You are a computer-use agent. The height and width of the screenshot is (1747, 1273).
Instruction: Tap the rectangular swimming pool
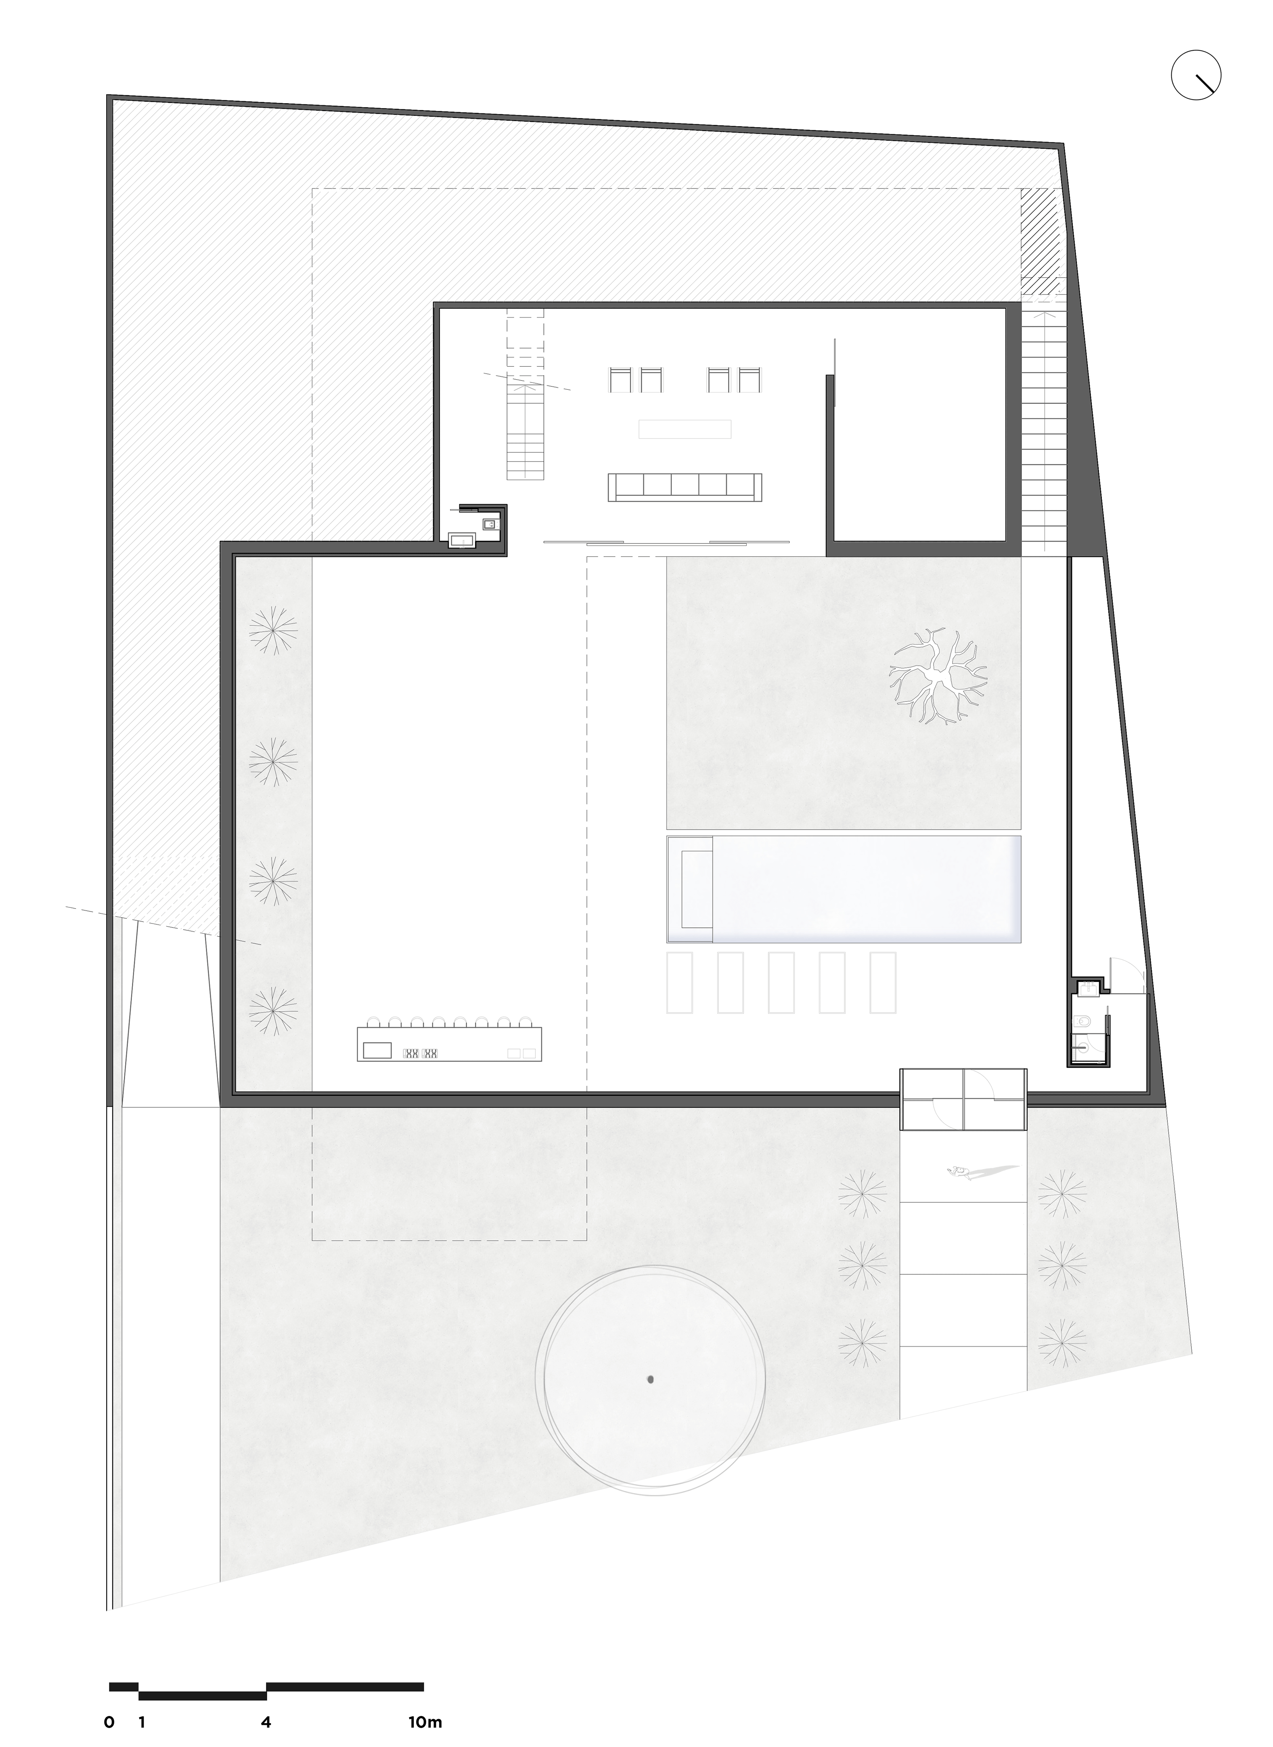pyautogui.click(x=844, y=889)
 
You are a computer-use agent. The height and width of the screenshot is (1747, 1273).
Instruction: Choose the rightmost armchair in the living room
pyautogui.click(x=749, y=380)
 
